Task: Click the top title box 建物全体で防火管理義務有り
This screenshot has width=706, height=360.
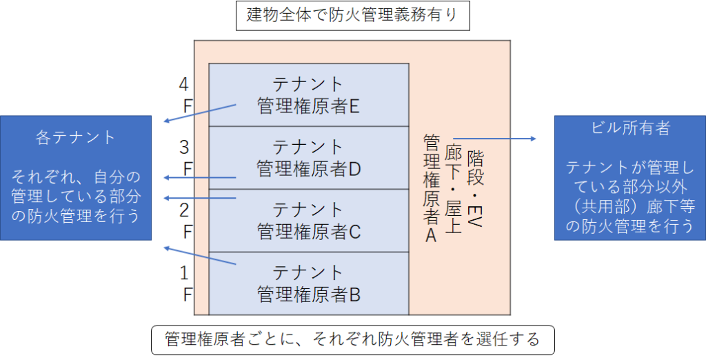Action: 352,15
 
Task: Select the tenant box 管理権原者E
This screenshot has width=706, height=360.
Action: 308,94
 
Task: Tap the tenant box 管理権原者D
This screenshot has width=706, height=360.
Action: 308,158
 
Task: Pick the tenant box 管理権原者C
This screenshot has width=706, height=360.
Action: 308,221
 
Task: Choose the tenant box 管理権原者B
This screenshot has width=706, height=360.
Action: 308,283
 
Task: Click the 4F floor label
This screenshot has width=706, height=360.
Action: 185,94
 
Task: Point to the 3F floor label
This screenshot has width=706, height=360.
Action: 185,158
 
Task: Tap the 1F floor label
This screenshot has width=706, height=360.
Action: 185,283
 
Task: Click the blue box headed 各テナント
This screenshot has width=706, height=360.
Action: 76,177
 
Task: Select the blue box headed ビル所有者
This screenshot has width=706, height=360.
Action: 630,177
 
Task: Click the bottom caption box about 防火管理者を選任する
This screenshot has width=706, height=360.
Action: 352,340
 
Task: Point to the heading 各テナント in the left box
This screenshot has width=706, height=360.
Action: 76,137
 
